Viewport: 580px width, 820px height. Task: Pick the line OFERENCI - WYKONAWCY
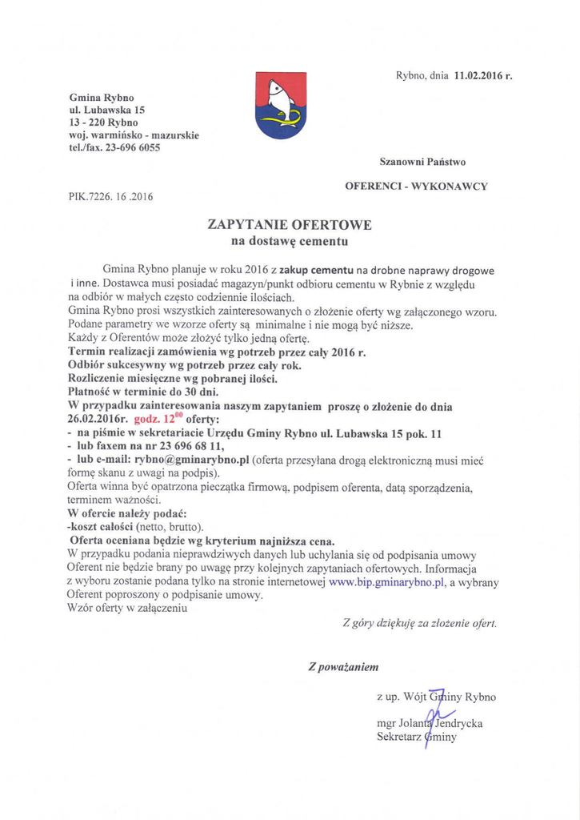(x=416, y=186)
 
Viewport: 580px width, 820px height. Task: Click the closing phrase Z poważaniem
(x=343, y=666)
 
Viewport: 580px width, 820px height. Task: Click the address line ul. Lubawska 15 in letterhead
(x=106, y=110)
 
